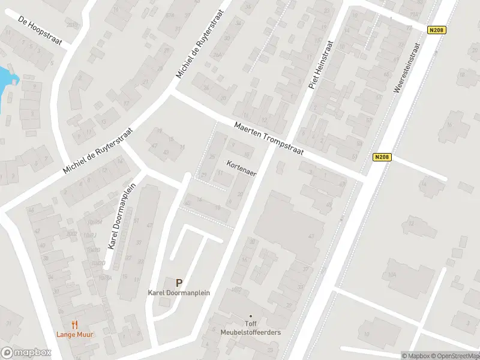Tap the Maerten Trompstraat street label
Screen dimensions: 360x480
click(269, 139)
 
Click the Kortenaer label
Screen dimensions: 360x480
click(241, 169)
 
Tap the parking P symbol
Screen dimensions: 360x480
click(179, 282)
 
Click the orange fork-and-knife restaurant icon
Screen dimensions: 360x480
click(75, 325)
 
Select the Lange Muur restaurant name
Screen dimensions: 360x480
click(75, 334)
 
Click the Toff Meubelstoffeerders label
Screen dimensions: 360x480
click(250, 328)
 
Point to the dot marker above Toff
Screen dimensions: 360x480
click(250, 316)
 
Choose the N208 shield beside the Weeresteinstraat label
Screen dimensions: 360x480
click(436, 29)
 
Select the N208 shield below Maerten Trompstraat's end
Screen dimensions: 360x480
click(382, 157)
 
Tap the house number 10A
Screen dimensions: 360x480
click(392, 275)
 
